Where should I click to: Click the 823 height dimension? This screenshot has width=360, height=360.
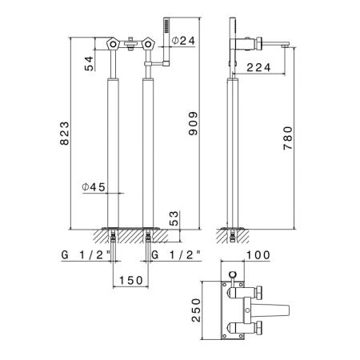64,134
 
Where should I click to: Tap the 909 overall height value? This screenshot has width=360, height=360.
193,123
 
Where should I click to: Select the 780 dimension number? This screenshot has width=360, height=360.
288,138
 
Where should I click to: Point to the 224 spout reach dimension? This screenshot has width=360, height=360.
258,67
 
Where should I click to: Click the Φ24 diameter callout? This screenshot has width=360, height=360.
183,41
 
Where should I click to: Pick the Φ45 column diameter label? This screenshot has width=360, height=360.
94,187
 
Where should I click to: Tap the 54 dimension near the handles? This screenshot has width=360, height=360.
90,63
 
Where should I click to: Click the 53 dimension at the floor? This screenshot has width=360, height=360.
174,218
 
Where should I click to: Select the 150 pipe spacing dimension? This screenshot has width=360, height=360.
131,280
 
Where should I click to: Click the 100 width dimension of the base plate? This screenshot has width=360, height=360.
258,255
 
